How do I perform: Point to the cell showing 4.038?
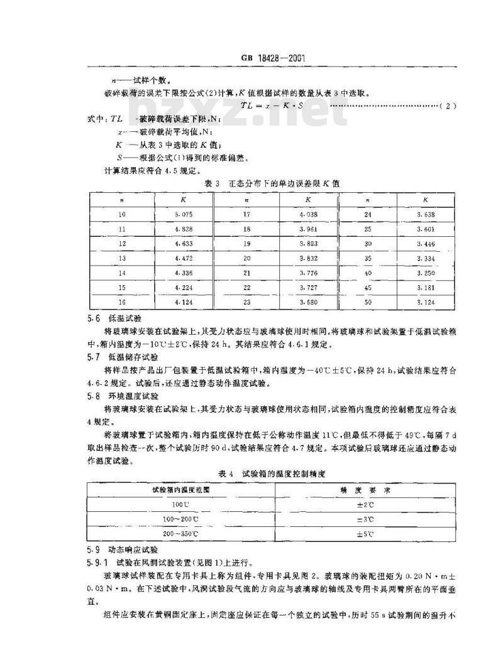pyautogui.click(x=308, y=215)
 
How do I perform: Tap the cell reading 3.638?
pyautogui.click(x=426, y=215)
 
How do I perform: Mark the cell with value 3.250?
pyautogui.click(x=426, y=273)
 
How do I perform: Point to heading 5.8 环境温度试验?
pyautogui.click(x=120, y=396)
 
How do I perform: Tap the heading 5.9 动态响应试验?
pyautogui.click(x=120, y=548)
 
